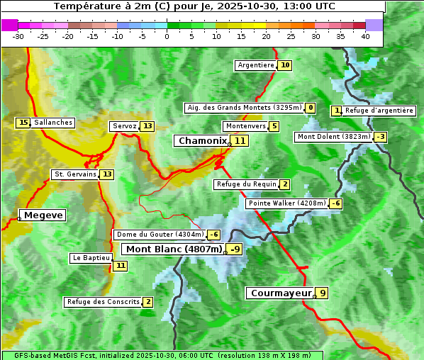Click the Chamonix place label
202,141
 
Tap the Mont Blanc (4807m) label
174,249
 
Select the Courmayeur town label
281,293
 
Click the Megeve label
43,215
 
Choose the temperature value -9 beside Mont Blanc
235,249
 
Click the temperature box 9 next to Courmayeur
323,293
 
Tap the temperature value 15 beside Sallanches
23,123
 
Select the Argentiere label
256,65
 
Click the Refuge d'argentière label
379,111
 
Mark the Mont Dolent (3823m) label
333,137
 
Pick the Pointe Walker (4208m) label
286,203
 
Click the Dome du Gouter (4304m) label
160,235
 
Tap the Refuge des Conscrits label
103,302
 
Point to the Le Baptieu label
91,258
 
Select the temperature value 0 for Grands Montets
311,108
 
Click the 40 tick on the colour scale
365,36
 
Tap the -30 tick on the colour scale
18,36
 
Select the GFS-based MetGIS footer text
162,355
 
